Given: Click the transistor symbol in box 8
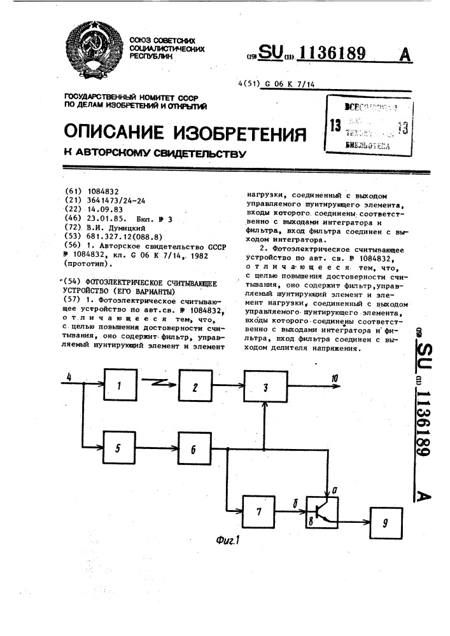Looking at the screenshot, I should pos(322,509).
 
